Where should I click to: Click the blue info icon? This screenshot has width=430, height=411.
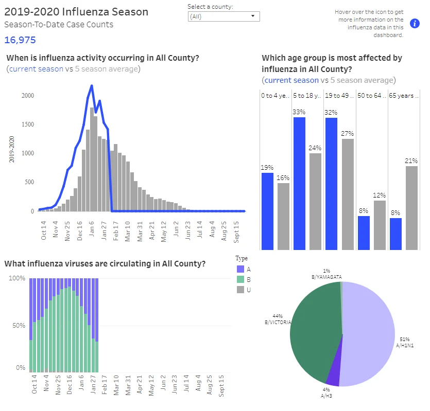pyautogui.click(x=415, y=23)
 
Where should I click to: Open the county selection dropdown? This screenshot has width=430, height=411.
pyautogui.click(x=224, y=16)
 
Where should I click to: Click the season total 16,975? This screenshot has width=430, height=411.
pyautogui.click(x=20, y=40)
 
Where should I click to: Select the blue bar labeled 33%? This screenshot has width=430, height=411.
pyautogui.click(x=299, y=184)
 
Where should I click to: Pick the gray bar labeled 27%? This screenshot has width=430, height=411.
pyautogui.click(x=348, y=194)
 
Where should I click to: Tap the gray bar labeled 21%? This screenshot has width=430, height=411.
pyautogui.click(x=411, y=208)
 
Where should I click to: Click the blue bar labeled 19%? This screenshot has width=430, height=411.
pyautogui.click(x=267, y=211)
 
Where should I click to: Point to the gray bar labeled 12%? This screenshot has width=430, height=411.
pyautogui.click(x=380, y=225)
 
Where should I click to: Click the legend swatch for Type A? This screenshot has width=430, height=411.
pyautogui.click(x=240, y=269)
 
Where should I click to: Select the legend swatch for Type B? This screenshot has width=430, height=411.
pyautogui.click(x=240, y=279)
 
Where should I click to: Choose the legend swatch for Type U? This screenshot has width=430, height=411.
pyautogui.click(x=240, y=290)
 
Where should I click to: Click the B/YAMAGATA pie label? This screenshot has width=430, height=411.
pyautogui.click(x=326, y=277)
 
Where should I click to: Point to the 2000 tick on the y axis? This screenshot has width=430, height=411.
pyautogui.click(x=28, y=95)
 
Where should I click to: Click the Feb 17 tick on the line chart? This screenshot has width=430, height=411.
pyautogui.click(x=115, y=231)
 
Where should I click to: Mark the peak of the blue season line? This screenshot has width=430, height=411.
pyautogui.click(x=92, y=85)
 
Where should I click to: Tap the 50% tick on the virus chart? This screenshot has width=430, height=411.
pyautogui.click(x=19, y=326)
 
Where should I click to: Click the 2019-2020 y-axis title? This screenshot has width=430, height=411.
pyautogui.click(x=11, y=149)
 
